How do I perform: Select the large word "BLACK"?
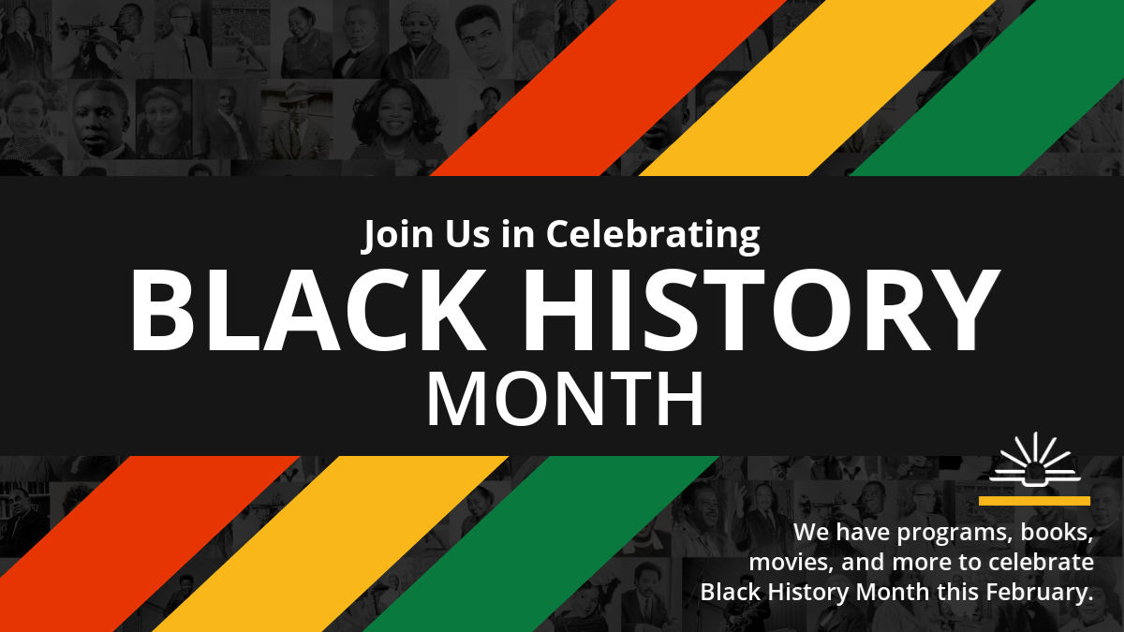pyautogui.click(x=308, y=310)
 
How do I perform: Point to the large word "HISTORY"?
pyautogui.click(x=762, y=310)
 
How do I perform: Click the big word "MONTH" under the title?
pyautogui.click(x=565, y=399)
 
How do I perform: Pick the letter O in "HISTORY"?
pyautogui.click(x=812, y=310)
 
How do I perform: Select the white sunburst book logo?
pyautogui.click(x=1035, y=459)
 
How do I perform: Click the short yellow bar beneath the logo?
pyautogui.click(x=1035, y=501)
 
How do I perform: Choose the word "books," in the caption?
pyautogui.click(x=1057, y=532)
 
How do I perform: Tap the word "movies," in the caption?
pyautogui.click(x=791, y=563)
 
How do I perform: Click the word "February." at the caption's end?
pyautogui.click(x=1040, y=592)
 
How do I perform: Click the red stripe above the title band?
pyautogui.click(x=608, y=88)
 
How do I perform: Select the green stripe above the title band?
pyautogui.click(x=987, y=88)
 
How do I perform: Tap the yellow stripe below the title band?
pyautogui.click(x=332, y=544)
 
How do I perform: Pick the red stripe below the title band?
pyautogui.click(x=151, y=544)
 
